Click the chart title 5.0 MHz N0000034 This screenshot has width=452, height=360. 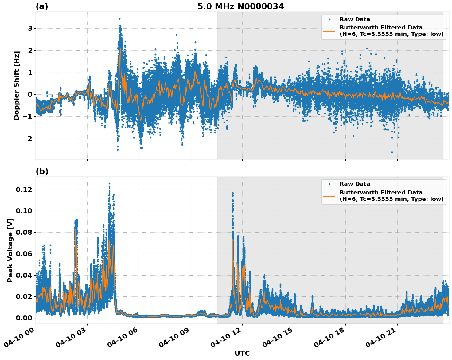pos(240,6)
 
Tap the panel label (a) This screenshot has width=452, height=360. pos(42,6)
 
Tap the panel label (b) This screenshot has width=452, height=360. pos(42,171)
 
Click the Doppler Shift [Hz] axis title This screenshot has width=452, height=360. pos(17,85)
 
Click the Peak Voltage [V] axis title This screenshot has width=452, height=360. pos(10,250)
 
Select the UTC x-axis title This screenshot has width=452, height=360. pos(242,353)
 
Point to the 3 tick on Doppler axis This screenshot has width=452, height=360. pos(30,28)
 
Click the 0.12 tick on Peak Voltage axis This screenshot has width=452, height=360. pos(24,190)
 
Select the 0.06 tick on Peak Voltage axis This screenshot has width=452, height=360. pos(24,254)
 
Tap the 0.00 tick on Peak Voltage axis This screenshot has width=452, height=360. pos(24,318)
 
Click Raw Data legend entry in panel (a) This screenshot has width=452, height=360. pos(355,19)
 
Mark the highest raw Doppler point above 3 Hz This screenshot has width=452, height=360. pos(119,19)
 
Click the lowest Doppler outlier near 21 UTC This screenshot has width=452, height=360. pos(392,152)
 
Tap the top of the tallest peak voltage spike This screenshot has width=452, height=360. pos(109,184)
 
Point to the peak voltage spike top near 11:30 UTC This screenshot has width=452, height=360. pos(233,193)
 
